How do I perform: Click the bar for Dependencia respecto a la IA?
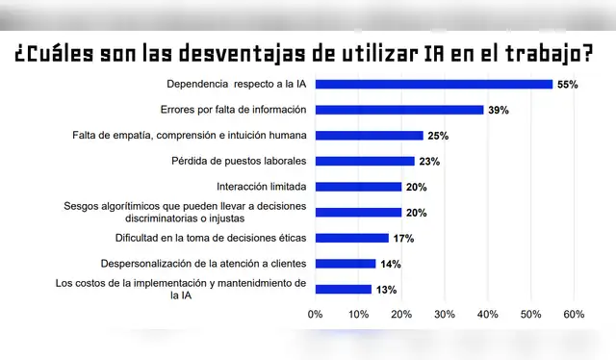point(434,84)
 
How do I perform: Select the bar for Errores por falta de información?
point(399,110)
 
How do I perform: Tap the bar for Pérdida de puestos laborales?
point(365,161)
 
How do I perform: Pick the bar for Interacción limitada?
point(358,187)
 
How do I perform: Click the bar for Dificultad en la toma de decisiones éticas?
point(352,238)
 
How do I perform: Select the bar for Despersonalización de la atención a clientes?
point(346,264)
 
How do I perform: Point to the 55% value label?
point(567,85)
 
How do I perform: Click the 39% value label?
point(498,111)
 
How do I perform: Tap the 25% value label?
point(437,136)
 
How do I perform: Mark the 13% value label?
point(385,290)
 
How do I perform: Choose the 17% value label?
point(402,239)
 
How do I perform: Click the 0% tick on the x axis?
point(315,314)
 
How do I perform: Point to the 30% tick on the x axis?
point(445,314)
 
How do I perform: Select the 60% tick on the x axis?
point(574,314)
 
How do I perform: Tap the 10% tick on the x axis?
point(358,314)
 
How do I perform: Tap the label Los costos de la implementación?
point(181,289)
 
